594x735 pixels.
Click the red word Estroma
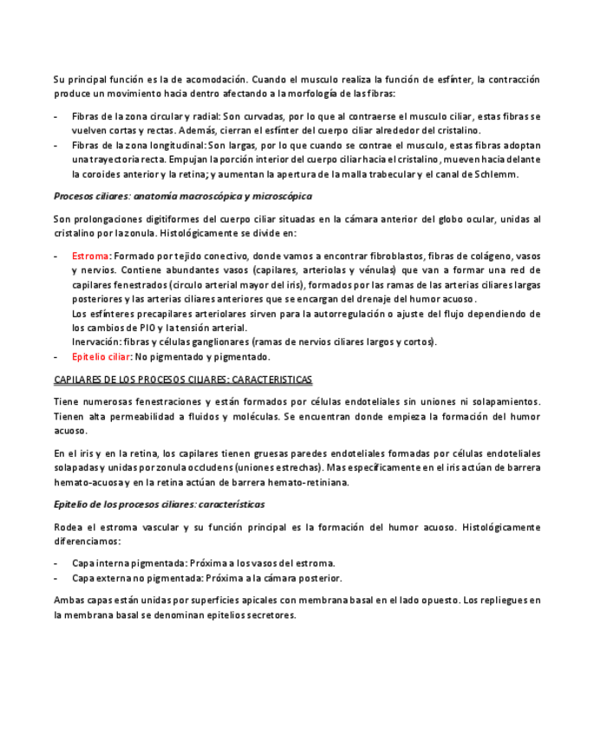pos(90,257)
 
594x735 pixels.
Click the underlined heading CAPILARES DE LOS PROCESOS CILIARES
pos(183,380)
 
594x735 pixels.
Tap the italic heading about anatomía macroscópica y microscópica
pos(183,197)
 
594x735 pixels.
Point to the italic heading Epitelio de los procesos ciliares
pos(159,504)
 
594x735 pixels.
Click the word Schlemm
pos(497,174)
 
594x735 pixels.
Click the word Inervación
pos(96,341)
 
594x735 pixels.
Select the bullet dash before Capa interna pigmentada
pos(56,563)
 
